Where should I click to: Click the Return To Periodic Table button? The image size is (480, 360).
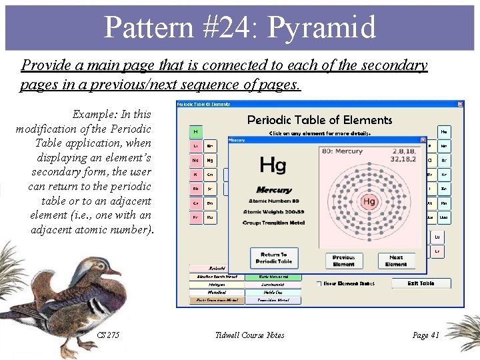tap(274, 258)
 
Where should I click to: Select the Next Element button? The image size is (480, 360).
tap(396, 261)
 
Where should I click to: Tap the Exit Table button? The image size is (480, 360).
tap(421, 283)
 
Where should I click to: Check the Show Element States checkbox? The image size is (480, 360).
tap(319, 283)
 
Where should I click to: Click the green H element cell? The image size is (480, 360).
tap(196, 131)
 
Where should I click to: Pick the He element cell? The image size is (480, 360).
tap(443, 132)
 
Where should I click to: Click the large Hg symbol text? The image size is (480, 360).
tap(273, 164)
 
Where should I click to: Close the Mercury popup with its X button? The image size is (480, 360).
tap(423, 140)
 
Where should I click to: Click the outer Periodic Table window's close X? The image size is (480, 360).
tap(460, 104)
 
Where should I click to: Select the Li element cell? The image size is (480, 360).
tap(196, 145)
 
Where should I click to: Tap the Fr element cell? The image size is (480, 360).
tap(196, 217)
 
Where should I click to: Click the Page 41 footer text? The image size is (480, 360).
tap(425, 335)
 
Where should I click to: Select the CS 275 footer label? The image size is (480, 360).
tap(108, 335)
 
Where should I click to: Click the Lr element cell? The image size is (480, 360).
tap(437, 251)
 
